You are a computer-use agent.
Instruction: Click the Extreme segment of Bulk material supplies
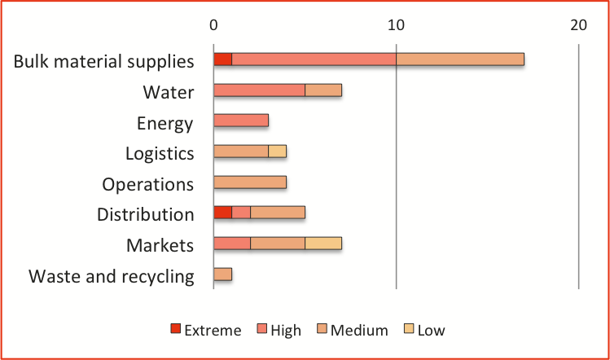[x=222, y=59]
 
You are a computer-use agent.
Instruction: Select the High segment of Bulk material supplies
[x=314, y=59]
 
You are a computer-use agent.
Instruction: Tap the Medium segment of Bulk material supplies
[x=459, y=59]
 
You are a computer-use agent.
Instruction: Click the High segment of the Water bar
[x=259, y=90]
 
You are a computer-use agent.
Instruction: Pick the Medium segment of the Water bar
[x=323, y=90]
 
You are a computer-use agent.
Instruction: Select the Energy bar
[x=240, y=121]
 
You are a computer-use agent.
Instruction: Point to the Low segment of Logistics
[x=277, y=151]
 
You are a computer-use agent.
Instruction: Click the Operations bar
[x=249, y=182]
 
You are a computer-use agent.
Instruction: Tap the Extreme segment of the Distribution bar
[x=222, y=213]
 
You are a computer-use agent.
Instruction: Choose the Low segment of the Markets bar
[x=323, y=244]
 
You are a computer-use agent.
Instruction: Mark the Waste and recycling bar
[x=222, y=274]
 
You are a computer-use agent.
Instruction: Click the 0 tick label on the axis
[x=213, y=25]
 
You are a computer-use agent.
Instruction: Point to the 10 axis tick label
[x=396, y=25]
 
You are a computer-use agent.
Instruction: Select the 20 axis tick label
[x=578, y=25]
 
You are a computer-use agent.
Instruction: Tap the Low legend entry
[x=424, y=330]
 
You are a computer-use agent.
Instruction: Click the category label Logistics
[x=160, y=153]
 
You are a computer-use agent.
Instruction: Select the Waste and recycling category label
[x=112, y=276]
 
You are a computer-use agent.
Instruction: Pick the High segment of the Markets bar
[x=231, y=244]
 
